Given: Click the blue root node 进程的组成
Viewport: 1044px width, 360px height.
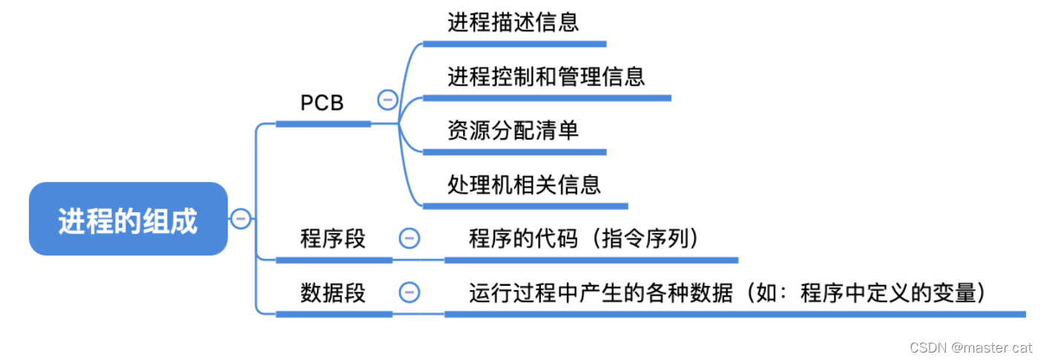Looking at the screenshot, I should (128, 219).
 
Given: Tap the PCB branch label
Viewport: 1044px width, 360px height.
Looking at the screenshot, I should (322, 103).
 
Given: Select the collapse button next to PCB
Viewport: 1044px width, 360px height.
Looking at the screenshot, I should (387, 99).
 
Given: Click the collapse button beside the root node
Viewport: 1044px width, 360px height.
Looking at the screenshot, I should (240, 218).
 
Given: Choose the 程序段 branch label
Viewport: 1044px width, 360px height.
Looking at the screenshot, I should (332, 239).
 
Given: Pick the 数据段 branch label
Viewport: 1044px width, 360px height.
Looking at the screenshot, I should (332, 292).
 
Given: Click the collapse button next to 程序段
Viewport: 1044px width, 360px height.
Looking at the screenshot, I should (409, 238).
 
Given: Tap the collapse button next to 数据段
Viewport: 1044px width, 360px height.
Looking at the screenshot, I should (409, 292).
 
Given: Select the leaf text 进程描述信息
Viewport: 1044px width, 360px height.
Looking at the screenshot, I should (513, 22).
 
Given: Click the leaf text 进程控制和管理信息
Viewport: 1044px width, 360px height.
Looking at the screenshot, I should (546, 76).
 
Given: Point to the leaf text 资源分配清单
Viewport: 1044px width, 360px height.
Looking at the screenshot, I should (513, 131).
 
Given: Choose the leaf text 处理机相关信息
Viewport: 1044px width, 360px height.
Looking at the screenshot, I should (524, 184).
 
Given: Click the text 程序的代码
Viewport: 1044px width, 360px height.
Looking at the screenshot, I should (522, 239).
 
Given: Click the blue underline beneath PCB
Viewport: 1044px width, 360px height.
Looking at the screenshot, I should (323, 124).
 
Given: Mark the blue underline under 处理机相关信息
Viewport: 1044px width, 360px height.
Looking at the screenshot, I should (525, 206).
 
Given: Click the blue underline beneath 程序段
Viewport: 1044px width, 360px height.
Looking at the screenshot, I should (334, 260).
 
